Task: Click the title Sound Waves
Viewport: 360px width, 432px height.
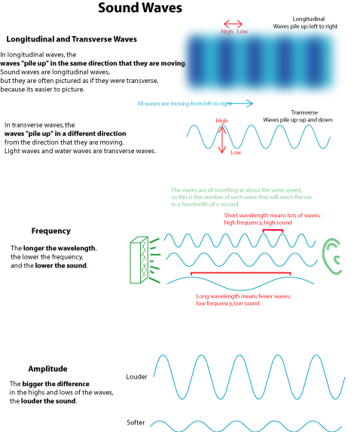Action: pyautogui.click(x=140, y=8)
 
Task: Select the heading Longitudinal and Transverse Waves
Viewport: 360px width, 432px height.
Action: pyautogui.click(x=72, y=39)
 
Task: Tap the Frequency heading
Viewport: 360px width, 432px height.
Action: pyautogui.click(x=51, y=231)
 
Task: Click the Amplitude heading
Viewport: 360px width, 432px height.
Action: pyautogui.click(x=47, y=369)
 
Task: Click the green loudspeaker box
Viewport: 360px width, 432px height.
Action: pyautogui.click(x=139, y=259)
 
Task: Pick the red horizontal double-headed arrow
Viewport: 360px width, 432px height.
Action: pyautogui.click(x=233, y=24)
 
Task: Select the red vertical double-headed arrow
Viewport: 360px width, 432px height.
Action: pyautogui.click(x=222, y=139)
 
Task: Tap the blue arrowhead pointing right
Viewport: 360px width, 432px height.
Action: pyautogui.click(x=249, y=103)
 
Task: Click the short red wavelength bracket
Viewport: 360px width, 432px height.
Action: pyautogui.click(x=273, y=230)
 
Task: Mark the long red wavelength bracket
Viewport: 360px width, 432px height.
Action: pyautogui.click(x=240, y=273)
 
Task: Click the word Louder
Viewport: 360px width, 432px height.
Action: pyautogui.click(x=136, y=377)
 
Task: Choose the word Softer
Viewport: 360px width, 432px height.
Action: pyautogui.click(x=136, y=422)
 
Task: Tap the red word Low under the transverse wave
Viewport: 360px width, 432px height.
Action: pyautogui.click(x=236, y=152)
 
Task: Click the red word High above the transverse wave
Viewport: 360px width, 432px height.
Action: pyautogui.click(x=222, y=121)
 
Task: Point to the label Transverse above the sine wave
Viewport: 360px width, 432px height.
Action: pyautogui.click(x=304, y=112)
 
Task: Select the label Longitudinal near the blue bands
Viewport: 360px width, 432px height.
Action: pyautogui.click(x=309, y=19)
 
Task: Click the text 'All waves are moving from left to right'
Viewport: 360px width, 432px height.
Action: pyautogui.click(x=185, y=103)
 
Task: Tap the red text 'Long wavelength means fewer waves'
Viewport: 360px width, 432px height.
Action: pyautogui.click(x=243, y=296)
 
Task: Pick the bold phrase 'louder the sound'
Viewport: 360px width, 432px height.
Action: pyautogui.click(x=48, y=401)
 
